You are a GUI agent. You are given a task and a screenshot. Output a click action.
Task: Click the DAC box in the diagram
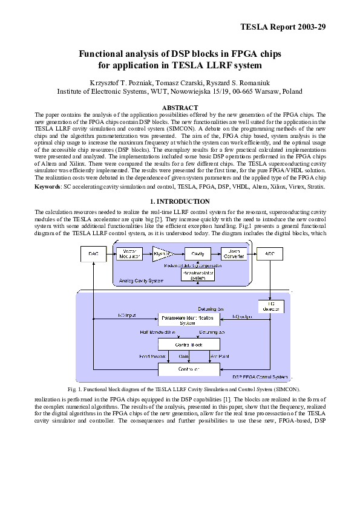pyautogui.click(x=91, y=254)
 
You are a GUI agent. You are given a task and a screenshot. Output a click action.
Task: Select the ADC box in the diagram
pyautogui.click(x=269, y=254)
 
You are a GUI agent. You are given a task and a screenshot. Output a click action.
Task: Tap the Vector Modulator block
pyautogui.click(x=129, y=254)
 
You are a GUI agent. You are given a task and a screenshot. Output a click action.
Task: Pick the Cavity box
pyautogui.click(x=197, y=254)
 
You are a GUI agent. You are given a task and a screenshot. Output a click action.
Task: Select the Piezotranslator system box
pyautogui.click(x=197, y=275)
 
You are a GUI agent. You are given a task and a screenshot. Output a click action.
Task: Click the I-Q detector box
pyautogui.click(x=269, y=306)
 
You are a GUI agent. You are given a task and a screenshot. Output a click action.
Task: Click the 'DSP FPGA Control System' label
pyautogui.click(x=260, y=377)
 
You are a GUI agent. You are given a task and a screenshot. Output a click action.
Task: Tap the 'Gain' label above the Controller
pyautogui.click(x=184, y=357)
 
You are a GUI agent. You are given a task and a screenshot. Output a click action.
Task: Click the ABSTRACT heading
pyautogui.click(x=180, y=108)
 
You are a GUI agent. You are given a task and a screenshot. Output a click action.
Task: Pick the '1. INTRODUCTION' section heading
pyautogui.click(x=180, y=201)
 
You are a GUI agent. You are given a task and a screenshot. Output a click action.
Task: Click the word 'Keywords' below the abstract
pyautogui.click(x=47, y=187)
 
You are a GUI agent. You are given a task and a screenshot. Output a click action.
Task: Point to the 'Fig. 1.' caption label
pyautogui.click(x=76, y=389)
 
